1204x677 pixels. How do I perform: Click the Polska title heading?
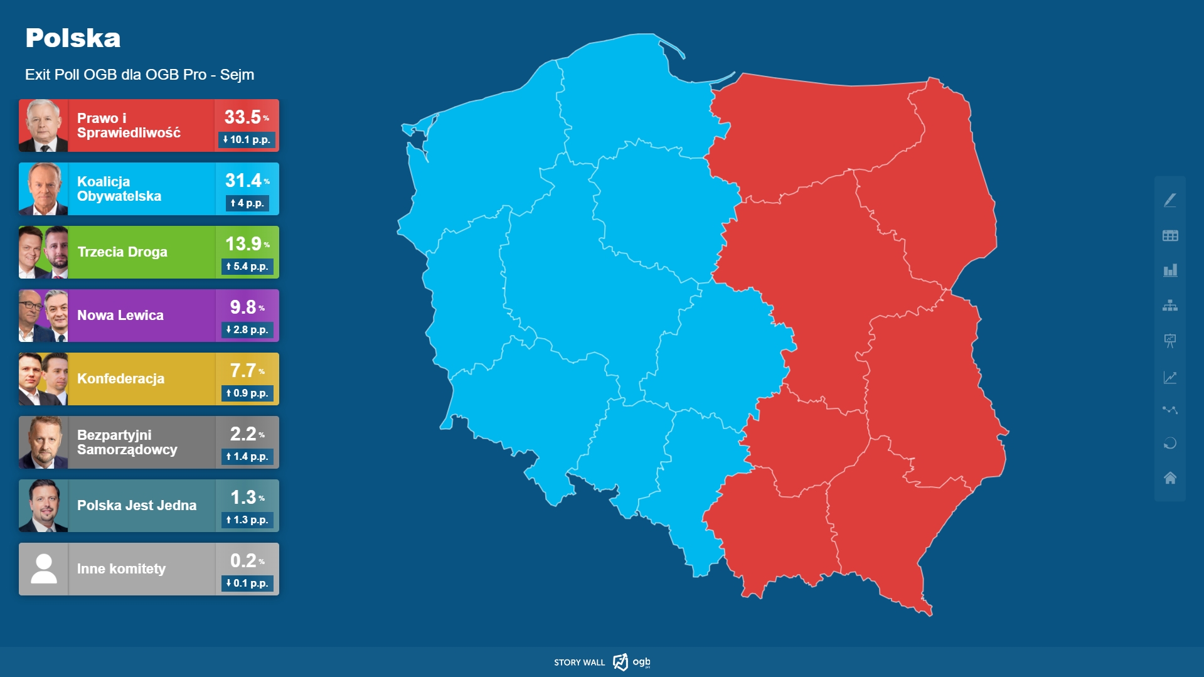[x=73, y=38]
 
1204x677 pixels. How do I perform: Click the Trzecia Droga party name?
[x=122, y=252]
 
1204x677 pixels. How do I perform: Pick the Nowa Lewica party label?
[x=120, y=316]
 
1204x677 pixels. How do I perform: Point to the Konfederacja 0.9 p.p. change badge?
[x=247, y=393]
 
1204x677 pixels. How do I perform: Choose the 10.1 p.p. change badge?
[x=247, y=140]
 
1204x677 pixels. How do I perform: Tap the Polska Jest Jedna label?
[x=137, y=506]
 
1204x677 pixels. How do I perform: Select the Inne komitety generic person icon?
[x=44, y=569]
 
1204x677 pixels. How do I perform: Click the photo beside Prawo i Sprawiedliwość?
[x=43, y=125]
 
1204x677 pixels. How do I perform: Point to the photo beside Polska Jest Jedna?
[x=43, y=506]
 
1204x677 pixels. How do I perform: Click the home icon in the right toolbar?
[x=1170, y=478]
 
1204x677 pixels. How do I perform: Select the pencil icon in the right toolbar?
[x=1170, y=200]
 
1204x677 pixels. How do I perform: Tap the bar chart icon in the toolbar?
[x=1170, y=270]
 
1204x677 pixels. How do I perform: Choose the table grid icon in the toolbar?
[x=1170, y=236]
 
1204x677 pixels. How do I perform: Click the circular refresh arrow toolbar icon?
[x=1170, y=444]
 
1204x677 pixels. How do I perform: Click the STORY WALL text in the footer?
[x=579, y=663]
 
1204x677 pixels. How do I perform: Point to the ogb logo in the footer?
[x=632, y=662]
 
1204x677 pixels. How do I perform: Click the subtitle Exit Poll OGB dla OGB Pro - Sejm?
[x=139, y=75]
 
